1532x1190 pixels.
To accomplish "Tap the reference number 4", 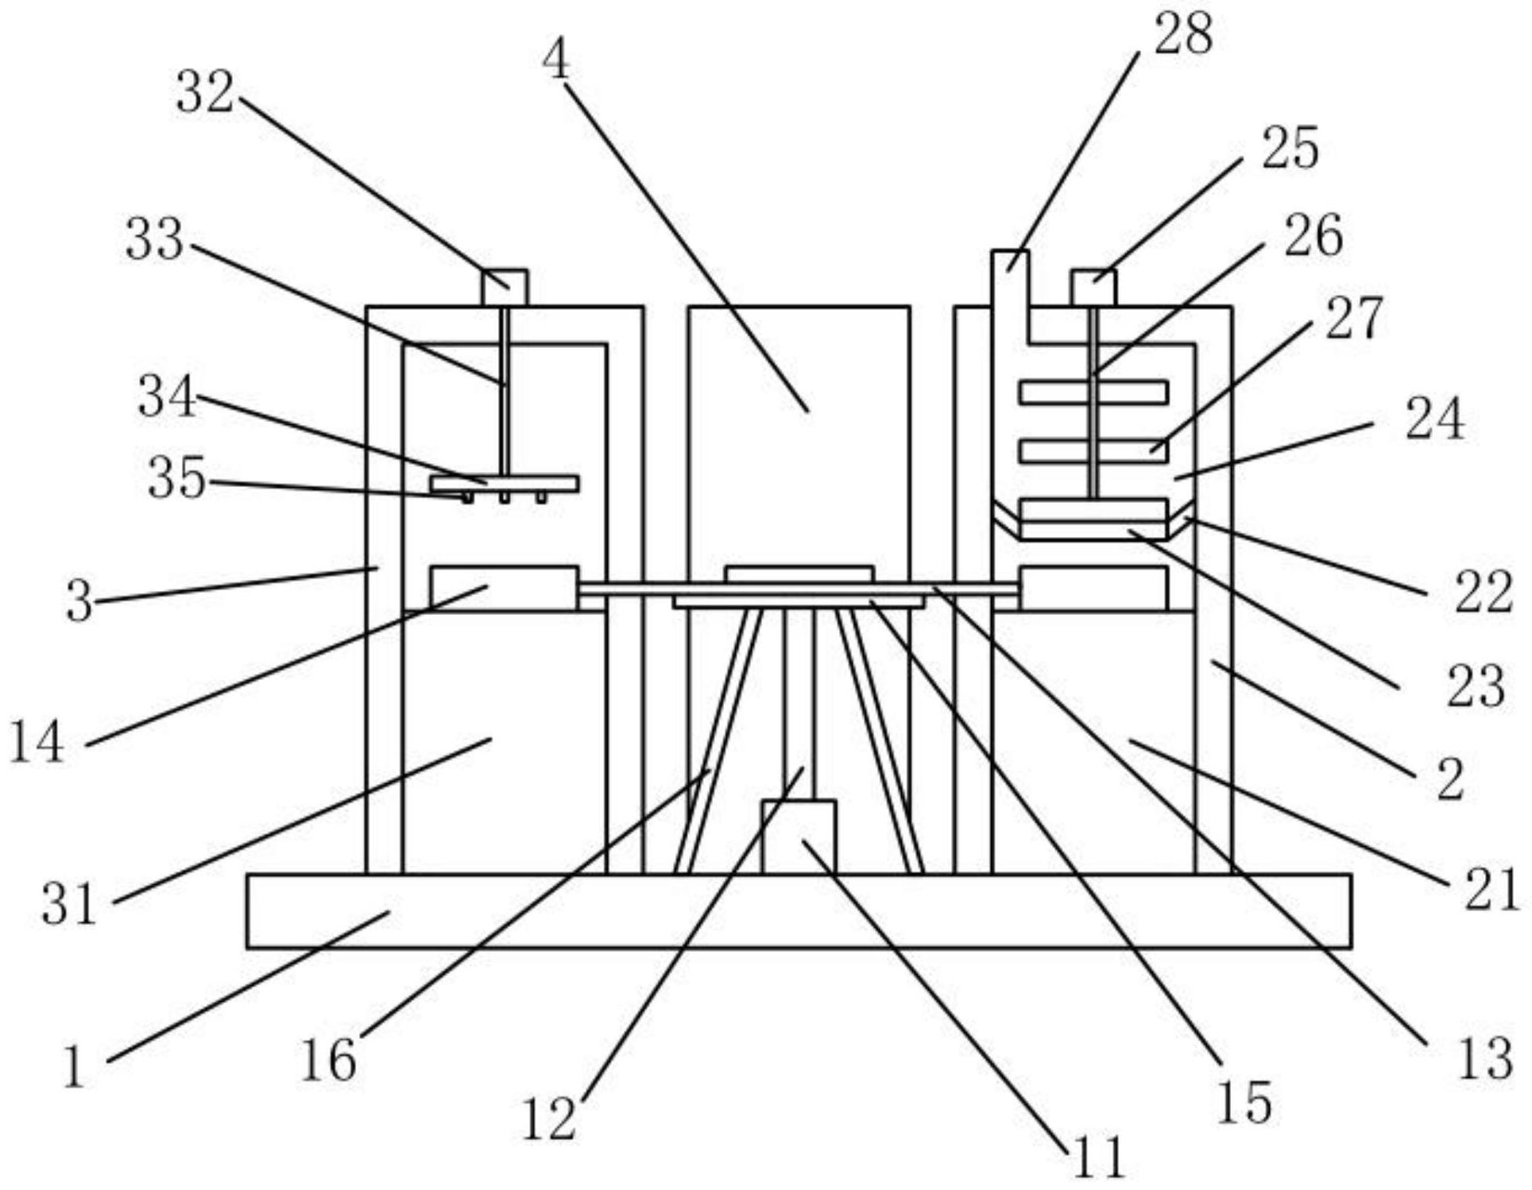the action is pos(556,60).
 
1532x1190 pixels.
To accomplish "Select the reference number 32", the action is pos(205,93).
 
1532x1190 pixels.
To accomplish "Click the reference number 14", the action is pos(37,744).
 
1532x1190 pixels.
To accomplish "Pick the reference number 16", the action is pos(328,1061).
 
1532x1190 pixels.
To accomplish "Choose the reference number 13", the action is pos(1485,1059).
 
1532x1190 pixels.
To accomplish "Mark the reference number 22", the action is pos(1483,593).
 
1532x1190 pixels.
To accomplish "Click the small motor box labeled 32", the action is pos(505,288).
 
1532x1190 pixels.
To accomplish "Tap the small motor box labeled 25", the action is pos(1093,288).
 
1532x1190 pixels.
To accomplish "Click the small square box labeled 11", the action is pos(799,836).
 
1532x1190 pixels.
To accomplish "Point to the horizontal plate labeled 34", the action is pos(505,484).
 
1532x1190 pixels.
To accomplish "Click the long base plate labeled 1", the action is pos(799,911).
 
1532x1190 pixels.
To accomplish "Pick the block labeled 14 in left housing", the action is pos(505,589).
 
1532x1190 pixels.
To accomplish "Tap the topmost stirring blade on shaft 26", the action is pos(1094,392).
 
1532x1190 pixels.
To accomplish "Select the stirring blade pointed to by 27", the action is pos(1094,450).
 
